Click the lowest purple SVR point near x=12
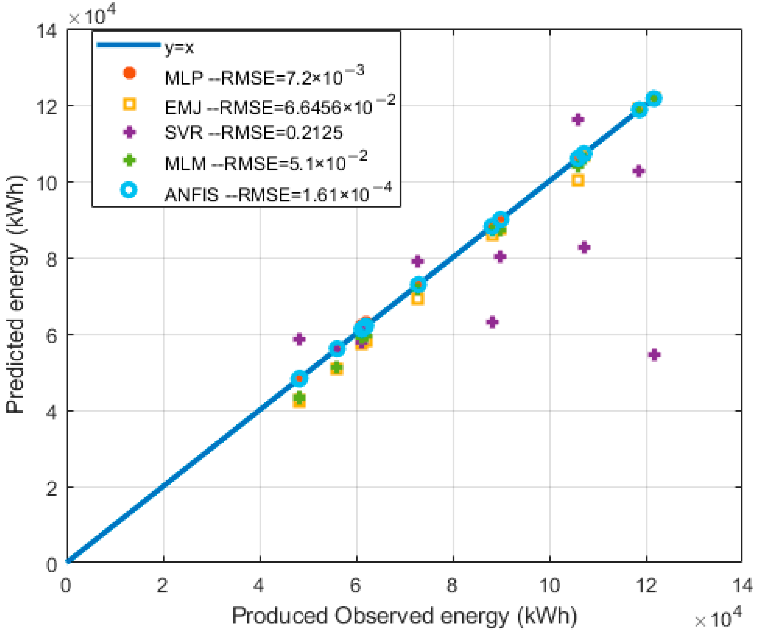point(654,355)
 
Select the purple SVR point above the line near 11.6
point(578,119)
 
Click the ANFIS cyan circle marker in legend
point(129,190)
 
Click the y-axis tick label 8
point(52,259)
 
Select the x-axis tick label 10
point(549,585)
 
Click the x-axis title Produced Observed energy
point(404,616)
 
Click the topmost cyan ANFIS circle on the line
point(654,98)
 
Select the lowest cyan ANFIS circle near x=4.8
point(299,378)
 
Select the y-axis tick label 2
point(52,488)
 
